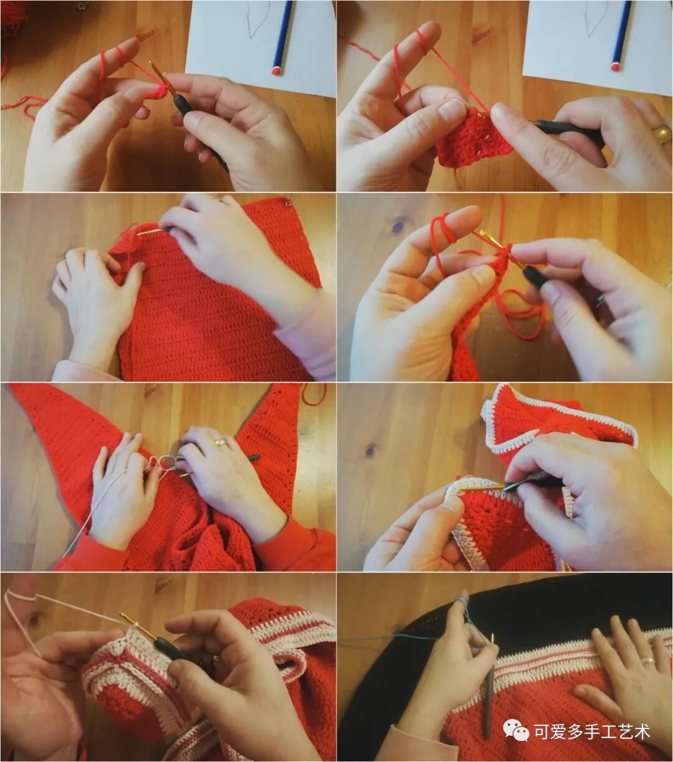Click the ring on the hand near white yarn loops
click(220, 442)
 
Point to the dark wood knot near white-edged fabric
click(371, 450)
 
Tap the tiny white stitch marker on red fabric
click(289, 203)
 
